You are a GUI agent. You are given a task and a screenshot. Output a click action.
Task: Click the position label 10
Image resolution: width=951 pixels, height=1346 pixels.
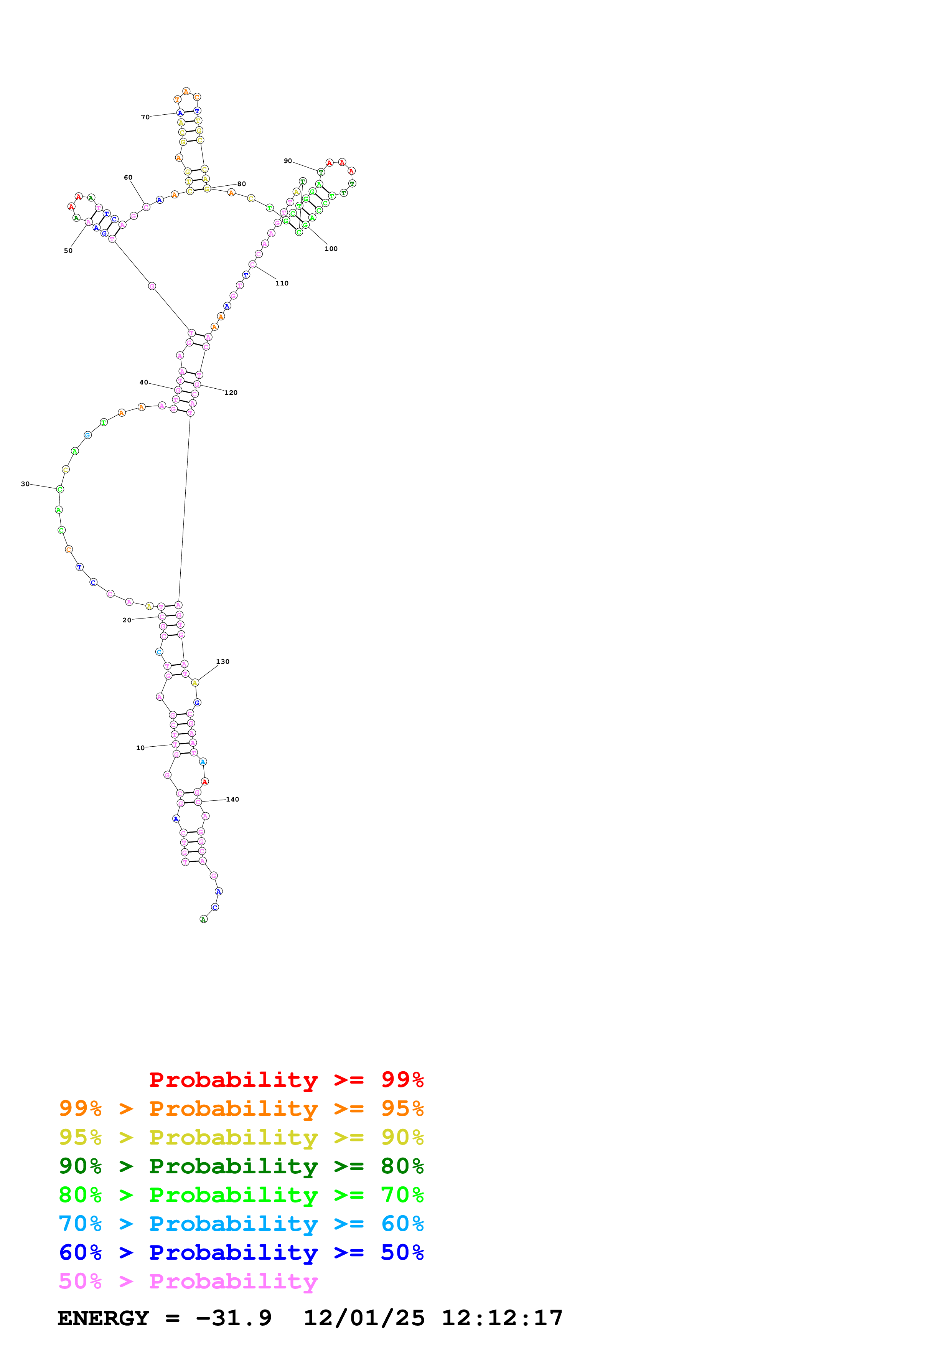point(140,748)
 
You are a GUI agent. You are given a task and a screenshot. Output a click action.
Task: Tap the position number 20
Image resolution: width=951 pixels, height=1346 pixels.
point(127,620)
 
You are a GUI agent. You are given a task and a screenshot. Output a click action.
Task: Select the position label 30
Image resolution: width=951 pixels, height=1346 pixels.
point(25,484)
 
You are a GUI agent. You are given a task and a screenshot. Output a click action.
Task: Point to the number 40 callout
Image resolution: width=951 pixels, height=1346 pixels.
point(143,382)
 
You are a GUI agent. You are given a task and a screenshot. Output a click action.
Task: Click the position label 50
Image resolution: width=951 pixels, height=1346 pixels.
point(68,251)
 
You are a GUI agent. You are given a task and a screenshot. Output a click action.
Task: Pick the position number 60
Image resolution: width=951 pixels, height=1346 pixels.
point(128,178)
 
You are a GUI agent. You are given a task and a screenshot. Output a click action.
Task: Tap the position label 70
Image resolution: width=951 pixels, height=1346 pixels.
point(145,117)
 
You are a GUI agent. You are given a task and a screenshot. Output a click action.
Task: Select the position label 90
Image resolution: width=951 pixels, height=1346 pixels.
point(288,161)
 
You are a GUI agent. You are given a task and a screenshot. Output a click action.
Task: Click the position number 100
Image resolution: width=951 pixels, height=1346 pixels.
point(331,249)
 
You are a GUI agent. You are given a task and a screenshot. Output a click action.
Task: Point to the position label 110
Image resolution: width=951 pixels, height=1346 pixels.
point(282,283)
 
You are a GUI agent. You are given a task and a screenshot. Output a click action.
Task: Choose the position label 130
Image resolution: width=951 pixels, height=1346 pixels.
point(223,662)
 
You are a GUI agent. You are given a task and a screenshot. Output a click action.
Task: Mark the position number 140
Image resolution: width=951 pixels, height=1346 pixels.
point(232,800)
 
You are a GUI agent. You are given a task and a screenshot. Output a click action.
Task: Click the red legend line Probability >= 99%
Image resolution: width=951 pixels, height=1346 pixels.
point(286,1080)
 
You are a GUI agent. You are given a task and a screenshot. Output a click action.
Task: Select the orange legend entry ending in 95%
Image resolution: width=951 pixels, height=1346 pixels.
point(241,1108)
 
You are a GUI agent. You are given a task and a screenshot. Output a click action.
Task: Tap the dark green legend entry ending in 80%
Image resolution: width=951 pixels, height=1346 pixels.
point(241,1166)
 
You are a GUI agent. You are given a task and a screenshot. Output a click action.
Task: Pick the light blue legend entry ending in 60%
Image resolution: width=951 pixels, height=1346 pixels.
point(241,1224)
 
